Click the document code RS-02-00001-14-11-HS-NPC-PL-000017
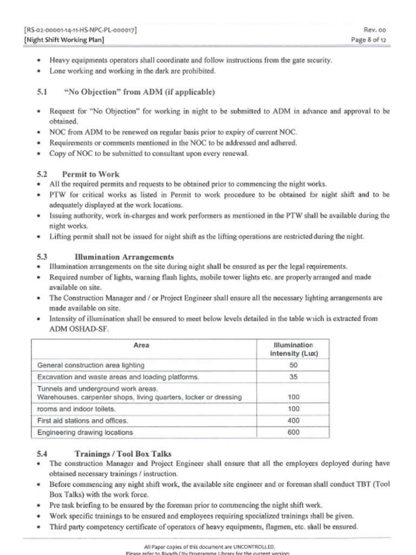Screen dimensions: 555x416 click(81, 30)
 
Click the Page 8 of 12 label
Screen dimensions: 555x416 click(368, 40)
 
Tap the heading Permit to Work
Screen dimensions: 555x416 click(90, 175)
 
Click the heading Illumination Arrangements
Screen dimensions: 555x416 click(124, 257)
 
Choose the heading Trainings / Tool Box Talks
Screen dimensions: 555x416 click(123, 454)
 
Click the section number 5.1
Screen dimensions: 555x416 click(43, 92)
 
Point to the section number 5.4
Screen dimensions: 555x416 click(43, 454)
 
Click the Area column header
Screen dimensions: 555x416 click(141, 345)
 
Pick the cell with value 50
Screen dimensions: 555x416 click(294, 365)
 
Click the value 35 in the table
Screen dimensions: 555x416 click(294, 377)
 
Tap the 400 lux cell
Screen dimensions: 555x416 click(294, 421)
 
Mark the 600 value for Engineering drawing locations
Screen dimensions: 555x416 click(294, 433)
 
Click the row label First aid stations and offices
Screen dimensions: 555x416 click(82, 421)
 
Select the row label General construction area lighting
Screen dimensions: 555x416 click(90, 365)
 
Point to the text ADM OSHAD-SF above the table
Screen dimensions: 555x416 click(79, 329)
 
